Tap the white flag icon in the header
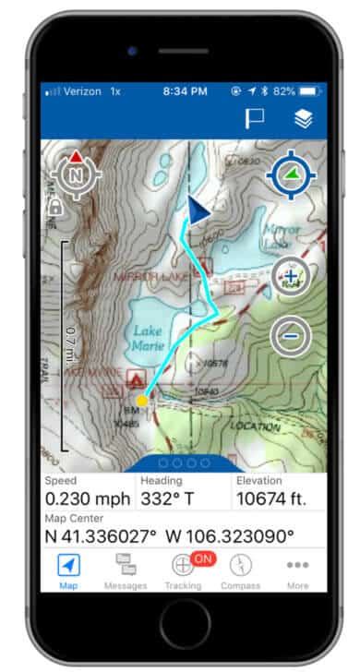point(254,118)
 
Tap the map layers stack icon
point(303,118)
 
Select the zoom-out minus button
point(290,337)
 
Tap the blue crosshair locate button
point(290,173)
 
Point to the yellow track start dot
point(142,400)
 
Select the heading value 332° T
point(175,499)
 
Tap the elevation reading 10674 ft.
point(270,499)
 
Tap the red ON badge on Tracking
point(203,558)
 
